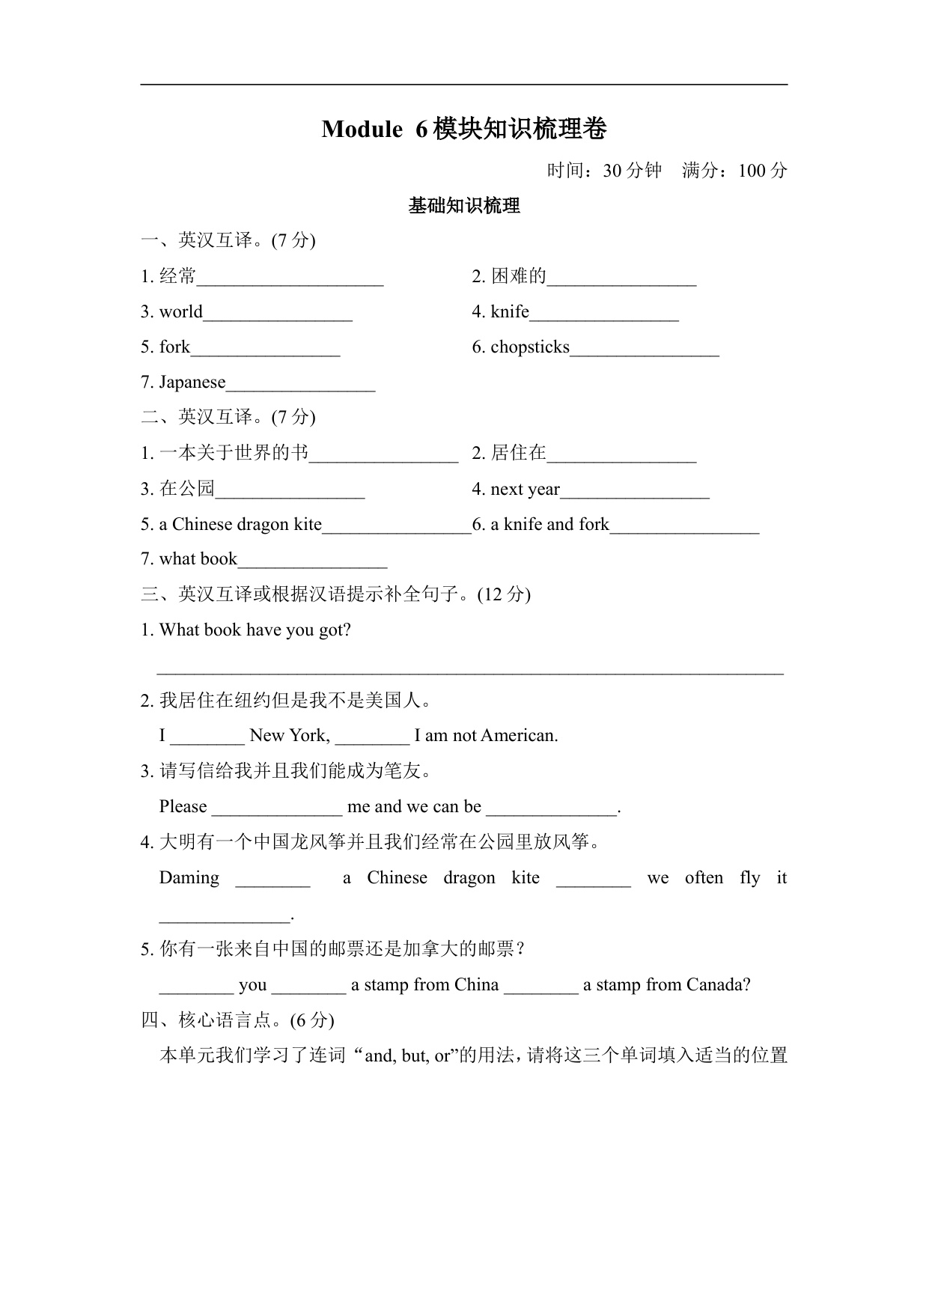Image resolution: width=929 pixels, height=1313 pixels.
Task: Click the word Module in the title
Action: [362, 130]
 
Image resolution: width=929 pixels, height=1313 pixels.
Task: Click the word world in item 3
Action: [180, 311]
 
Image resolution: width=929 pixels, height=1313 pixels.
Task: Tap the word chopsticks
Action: [530, 347]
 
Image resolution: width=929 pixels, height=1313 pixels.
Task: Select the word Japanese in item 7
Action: [192, 383]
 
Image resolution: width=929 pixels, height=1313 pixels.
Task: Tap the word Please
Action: [183, 807]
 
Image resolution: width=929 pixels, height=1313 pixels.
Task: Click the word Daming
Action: [189, 878]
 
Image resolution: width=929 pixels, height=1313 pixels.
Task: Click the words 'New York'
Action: [289, 736]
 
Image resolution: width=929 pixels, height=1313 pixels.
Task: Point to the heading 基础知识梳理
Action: [464, 206]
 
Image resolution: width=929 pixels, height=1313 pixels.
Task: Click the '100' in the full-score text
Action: [752, 171]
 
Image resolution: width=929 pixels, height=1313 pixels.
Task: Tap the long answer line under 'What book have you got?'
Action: [470, 671]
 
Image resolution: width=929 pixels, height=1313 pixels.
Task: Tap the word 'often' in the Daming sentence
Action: [704, 878]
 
